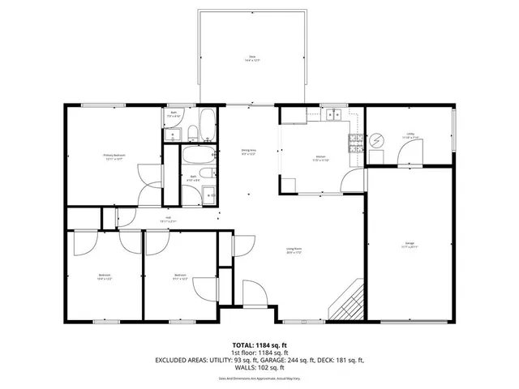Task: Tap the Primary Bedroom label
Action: [x=114, y=156]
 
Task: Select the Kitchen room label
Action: [x=320, y=158]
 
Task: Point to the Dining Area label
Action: [x=248, y=152]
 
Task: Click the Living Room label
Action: [x=294, y=251]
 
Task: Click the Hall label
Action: [x=169, y=219]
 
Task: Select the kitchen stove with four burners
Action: [x=355, y=144]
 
